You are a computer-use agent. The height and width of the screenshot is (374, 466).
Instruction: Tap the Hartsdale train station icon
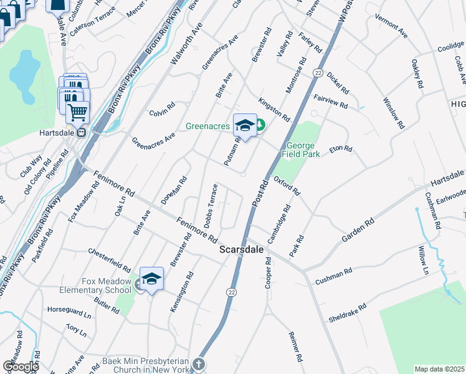[x=81, y=132]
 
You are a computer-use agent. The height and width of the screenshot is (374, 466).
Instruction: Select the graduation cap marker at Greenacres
[x=245, y=125]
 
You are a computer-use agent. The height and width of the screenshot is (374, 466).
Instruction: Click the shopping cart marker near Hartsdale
[x=77, y=113]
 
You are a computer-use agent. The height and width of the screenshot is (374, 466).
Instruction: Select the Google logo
[x=20, y=366]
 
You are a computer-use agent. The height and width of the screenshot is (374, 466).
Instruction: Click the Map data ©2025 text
[x=439, y=369]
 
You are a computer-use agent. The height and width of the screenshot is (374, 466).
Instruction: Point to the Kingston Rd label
[x=274, y=108]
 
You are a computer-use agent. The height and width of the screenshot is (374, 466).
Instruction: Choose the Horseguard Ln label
[x=69, y=309]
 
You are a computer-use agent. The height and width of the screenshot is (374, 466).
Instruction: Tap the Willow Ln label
[x=424, y=260]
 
